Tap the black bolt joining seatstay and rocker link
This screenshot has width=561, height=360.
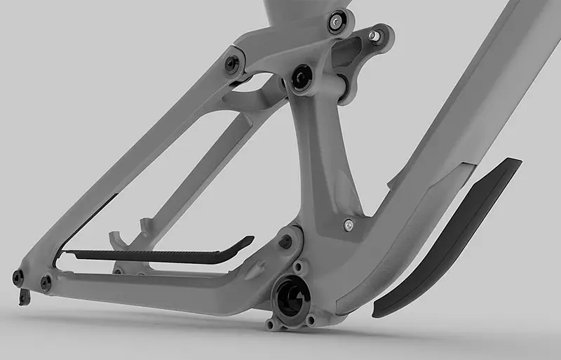click(232, 63)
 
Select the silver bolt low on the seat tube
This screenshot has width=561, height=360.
click(348, 225)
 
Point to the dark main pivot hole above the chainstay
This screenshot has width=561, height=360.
click(285, 241)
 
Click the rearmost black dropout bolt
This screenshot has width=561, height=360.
click(18, 278)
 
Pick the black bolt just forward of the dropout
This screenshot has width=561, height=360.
click(46, 283)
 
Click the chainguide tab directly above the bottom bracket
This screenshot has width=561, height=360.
click(300, 268)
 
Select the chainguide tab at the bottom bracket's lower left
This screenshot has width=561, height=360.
click(270, 324)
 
